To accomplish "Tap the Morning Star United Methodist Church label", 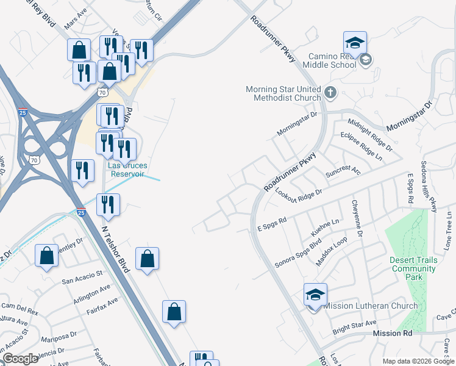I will [283, 93].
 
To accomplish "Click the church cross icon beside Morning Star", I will [330, 93].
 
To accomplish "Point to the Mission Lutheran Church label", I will [371, 306].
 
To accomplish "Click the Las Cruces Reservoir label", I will [126, 169].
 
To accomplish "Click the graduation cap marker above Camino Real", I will [355, 43].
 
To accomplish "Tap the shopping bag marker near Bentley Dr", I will [47, 256].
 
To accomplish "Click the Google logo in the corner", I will [20, 359].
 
